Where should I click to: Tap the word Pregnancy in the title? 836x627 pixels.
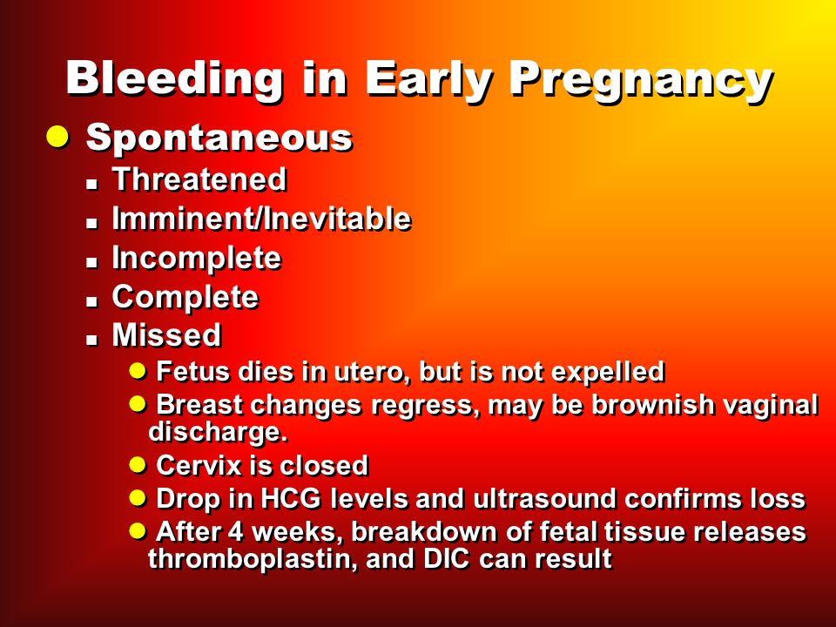click(x=642, y=81)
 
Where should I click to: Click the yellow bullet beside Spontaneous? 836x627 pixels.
click(x=57, y=137)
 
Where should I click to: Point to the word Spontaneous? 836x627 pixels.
click(x=219, y=138)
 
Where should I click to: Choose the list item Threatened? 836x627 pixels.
click(x=199, y=179)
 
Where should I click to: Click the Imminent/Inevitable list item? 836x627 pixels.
click(x=261, y=219)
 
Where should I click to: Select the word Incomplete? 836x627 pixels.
click(x=196, y=260)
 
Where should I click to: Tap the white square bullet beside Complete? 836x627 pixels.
click(x=92, y=301)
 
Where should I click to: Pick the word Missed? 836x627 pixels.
click(x=166, y=335)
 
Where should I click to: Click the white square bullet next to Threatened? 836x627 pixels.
click(x=92, y=184)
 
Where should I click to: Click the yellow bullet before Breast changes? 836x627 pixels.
click(x=138, y=403)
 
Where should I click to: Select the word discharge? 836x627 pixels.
click(x=218, y=433)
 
